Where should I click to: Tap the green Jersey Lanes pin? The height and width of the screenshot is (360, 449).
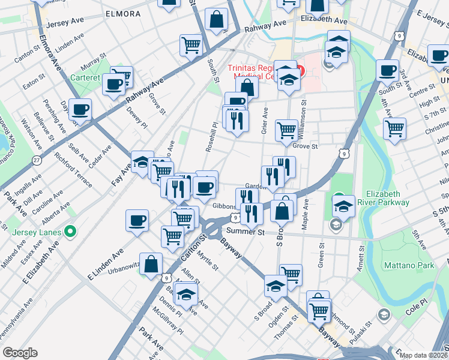click(70, 230)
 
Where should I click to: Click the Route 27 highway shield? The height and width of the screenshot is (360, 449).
click(38, 161)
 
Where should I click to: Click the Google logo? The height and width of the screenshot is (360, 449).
click(20, 352)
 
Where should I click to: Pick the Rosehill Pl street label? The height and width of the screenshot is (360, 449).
click(213, 140)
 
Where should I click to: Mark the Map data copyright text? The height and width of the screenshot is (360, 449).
click(423, 355)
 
